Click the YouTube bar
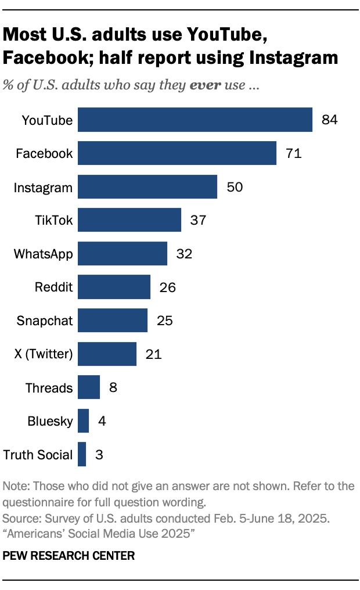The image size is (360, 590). [x=195, y=120]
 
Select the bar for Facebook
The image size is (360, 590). [x=177, y=153]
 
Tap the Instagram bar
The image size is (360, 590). [x=147, y=187]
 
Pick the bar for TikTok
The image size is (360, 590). [x=129, y=220]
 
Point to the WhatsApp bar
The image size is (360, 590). [x=123, y=254]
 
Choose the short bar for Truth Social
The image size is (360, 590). [x=82, y=454]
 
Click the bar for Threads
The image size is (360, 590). [x=89, y=387]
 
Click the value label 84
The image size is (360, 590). [x=329, y=120]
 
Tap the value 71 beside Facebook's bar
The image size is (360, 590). [x=293, y=153]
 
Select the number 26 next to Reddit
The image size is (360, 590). [x=167, y=287]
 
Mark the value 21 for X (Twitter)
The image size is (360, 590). [x=153, y=354]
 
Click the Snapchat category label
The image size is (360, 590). [x=45, y=321]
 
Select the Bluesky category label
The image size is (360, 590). [x=51, y=421]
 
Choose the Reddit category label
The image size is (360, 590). [x=55, y=287]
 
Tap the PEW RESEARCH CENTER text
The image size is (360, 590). [x=69, y=556]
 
